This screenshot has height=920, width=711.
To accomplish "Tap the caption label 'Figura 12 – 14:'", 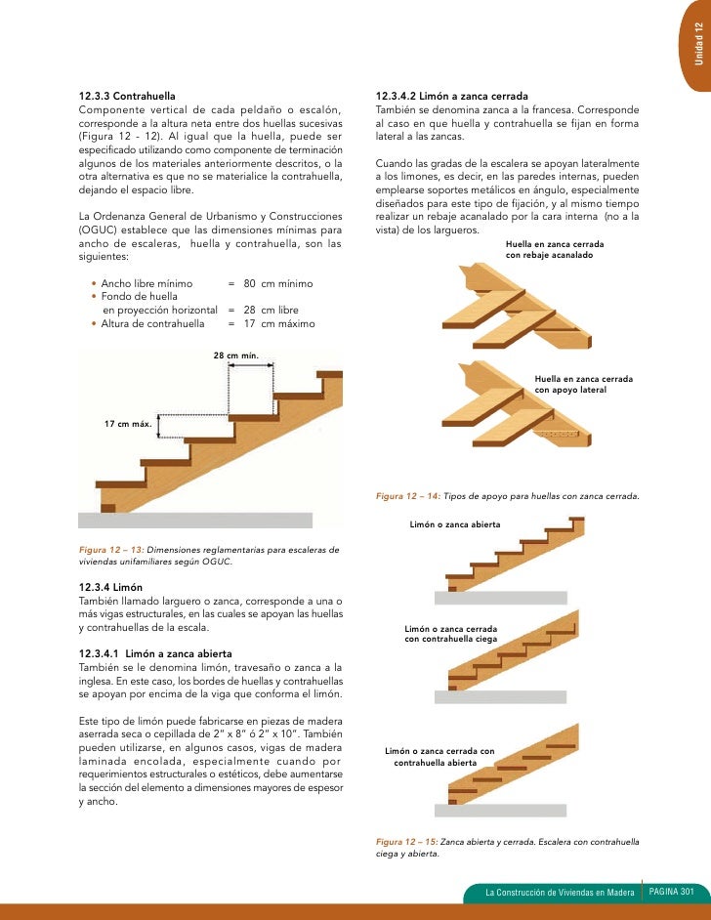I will tap(408, 496).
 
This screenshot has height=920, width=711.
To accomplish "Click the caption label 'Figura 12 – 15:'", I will tap(407, 840).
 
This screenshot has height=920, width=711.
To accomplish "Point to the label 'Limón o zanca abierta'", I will tap(455, 524).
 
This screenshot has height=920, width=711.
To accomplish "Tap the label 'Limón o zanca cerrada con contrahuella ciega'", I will tap(450, 633).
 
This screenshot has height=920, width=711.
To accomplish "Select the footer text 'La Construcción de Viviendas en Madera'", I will tap(560, 893).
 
